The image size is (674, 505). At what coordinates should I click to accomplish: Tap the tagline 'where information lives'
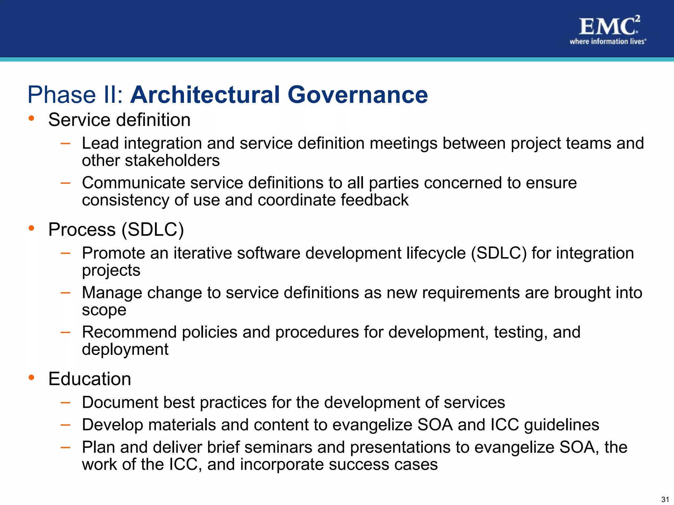point(608,41)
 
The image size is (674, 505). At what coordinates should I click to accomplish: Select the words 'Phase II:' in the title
point(75,95)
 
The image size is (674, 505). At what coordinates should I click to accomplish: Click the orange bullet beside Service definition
point(31,118)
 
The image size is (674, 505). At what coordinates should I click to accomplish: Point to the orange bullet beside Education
point(31,377)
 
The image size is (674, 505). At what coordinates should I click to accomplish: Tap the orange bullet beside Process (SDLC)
point(31,228)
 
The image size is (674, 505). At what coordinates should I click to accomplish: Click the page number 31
point(665,499)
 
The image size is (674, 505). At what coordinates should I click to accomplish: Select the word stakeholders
point(172,161)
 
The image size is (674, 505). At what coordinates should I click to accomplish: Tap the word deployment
point(125,349)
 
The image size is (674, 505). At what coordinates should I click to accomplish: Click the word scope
point(104,310)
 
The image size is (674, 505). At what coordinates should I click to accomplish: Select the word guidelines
point(561,425)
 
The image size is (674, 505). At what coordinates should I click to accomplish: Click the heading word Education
point(90,379)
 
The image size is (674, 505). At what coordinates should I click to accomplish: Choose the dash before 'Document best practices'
point(65,402)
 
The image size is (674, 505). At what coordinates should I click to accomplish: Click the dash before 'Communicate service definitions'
point(65,182)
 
